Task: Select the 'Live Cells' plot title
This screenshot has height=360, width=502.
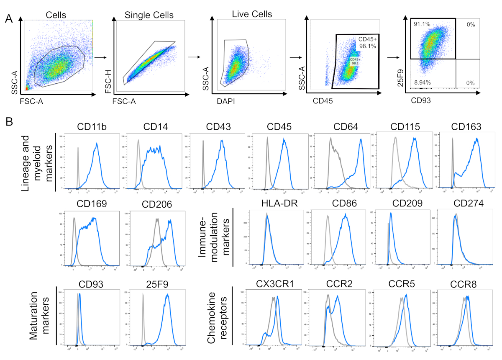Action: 252,14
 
